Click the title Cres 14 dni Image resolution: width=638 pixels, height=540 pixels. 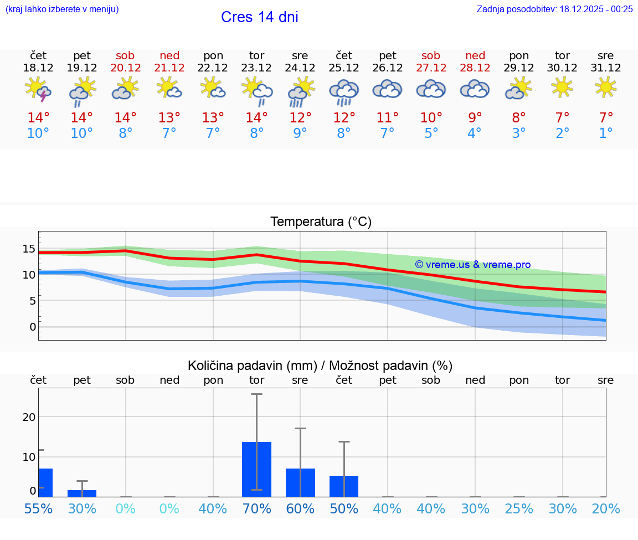(x=259, y=17)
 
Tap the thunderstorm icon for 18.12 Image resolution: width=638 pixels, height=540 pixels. (x=38, y=89)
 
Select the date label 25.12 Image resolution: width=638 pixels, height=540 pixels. (x=344, y=68)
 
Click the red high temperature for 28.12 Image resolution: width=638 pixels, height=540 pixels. (x=475, y=117)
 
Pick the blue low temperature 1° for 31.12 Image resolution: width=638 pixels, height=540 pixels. (x=606, y=133)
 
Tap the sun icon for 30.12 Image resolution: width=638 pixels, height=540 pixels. (x=562, y=87)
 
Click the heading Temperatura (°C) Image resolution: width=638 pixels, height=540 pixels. (x=321, y=222)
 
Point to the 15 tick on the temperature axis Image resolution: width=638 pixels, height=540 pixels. (x=29, y=248)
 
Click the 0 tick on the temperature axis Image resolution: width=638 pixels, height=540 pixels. (x=32, y=327)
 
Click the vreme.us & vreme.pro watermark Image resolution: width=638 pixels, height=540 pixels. (x=472, y=265)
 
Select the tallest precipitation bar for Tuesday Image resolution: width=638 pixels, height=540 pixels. (x=256, y=469)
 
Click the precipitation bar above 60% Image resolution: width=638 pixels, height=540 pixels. (x=300, y=482)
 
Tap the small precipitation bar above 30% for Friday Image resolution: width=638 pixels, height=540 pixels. (x=82, y=493)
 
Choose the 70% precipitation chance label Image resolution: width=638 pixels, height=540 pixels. (x=256, y=509)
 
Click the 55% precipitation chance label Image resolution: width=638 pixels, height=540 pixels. (x=38, y=509)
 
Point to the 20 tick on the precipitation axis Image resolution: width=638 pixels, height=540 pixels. (x=29, y=416)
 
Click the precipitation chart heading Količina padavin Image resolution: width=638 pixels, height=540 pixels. (x=320, y=366)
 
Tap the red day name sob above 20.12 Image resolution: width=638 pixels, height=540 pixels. (x=125, y=56)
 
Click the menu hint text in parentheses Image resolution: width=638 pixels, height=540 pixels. (x=62, y=9)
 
